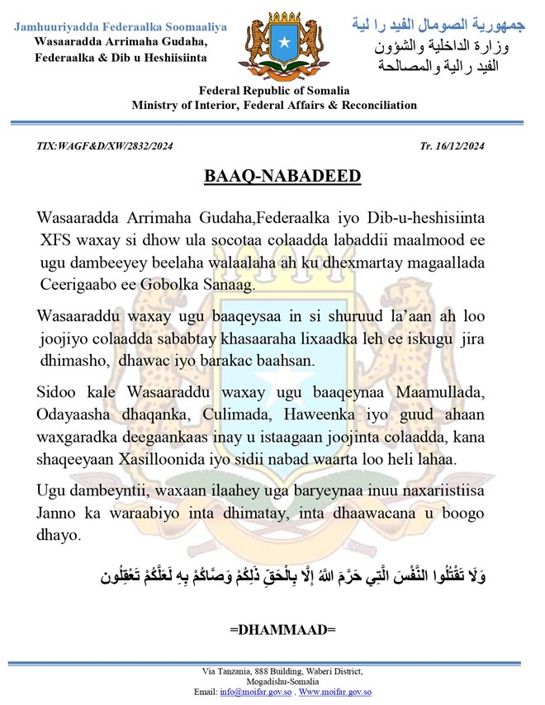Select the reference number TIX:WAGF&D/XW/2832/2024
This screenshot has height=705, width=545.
tap(105, 146)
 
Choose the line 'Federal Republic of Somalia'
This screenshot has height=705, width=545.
tap(273, 91)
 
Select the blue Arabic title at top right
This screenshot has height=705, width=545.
tap(434, 26)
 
